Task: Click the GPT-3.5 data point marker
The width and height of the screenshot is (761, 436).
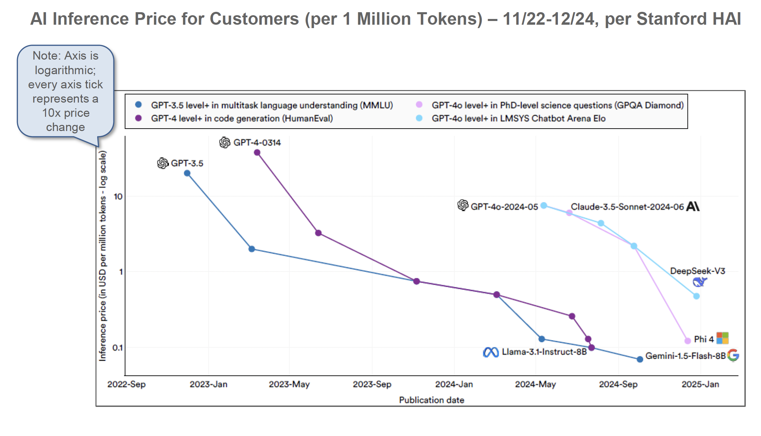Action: point(187,173)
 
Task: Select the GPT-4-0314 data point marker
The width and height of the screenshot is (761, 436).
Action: point(257,152)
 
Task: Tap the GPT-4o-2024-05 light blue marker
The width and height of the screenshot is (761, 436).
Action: point(544,205)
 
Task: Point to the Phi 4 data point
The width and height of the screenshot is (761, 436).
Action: point(688,341)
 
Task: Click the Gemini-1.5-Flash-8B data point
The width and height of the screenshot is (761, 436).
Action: point(640,359)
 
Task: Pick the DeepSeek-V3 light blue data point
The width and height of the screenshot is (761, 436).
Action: point(696,296)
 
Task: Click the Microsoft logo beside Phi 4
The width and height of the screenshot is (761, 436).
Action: point(722,338)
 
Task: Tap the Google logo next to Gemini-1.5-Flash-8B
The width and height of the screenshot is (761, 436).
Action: point(733,355)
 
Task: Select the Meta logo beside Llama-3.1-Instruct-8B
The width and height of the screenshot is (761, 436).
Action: point(491,352)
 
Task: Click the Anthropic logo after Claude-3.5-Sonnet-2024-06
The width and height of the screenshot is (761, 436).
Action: point(693,206)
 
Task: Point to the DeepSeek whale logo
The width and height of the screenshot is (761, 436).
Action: point(699,282)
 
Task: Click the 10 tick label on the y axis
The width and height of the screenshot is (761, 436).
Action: point(118,196)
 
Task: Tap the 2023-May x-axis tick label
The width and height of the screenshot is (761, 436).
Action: point(289,384)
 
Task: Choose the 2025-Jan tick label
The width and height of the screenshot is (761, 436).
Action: point(700,384)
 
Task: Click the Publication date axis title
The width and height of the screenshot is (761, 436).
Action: point(431,400)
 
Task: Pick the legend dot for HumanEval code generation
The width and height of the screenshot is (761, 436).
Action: point(138,118)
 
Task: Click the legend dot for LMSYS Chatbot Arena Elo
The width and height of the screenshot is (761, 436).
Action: point(419,118)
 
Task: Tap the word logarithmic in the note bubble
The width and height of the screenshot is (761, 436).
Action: point(65,70)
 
